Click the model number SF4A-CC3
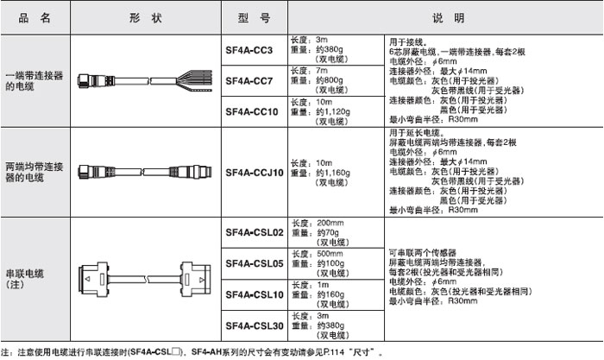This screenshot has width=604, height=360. point(249,50)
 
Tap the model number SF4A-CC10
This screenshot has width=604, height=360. point(252,111)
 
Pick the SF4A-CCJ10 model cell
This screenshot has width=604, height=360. point(255,173)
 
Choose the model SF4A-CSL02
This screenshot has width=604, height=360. point(255,232)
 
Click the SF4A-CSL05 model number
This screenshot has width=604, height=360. point(255,263)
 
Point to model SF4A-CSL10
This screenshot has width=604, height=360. point(255,295)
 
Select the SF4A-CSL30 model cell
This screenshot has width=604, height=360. point(255,326)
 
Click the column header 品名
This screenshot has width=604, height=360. point(35,18)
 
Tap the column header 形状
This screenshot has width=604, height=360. point(145,18)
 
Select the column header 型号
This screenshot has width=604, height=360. point(254,18)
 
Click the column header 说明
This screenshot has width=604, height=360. point(448,18)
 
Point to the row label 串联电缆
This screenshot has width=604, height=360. point(25,274)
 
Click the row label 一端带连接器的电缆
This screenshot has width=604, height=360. point(35,81)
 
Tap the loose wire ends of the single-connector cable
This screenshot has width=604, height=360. point(194,80)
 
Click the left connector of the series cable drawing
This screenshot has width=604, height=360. point(93,280)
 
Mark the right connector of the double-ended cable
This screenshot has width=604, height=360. point(191,172)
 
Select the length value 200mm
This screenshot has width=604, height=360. point(330,223)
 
